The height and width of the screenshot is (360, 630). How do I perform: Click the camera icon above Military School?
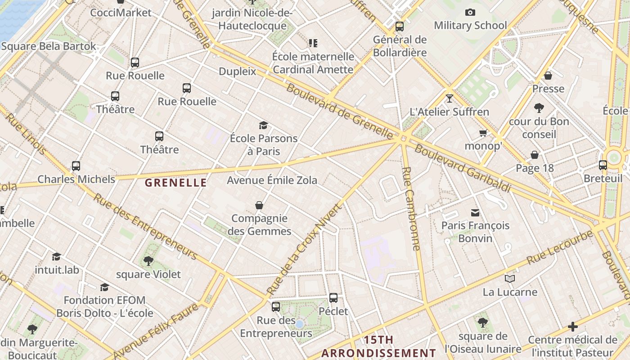click(470, 13)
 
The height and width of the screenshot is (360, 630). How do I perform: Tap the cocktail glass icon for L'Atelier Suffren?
click(449, 98)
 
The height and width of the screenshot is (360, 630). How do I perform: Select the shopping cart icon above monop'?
click(483, 133)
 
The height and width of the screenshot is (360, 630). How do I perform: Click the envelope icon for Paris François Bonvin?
click(475, 212)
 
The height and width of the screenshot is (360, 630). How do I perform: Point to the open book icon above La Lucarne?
click(510, 279)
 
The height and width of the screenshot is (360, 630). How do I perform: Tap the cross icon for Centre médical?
click(573, 326)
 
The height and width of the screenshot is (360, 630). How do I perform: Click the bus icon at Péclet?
click(333, 297)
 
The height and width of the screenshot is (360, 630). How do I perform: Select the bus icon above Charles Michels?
click(76, 166)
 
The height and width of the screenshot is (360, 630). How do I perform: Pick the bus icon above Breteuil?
click(603, 165)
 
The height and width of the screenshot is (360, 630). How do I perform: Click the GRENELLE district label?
click(176, 183)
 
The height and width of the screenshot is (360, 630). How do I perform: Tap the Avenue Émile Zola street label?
click(272, 180)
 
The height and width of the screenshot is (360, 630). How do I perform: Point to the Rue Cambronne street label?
click(411, 209)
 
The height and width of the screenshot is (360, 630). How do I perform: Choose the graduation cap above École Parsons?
click(263, 125)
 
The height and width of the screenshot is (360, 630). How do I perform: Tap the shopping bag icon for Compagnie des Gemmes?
click(259, 205)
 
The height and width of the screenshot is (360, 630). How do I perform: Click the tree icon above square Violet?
click(148, 261)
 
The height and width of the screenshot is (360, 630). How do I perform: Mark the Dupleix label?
click(237, 72)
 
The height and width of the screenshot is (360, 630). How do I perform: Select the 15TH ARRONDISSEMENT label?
click(378, 346)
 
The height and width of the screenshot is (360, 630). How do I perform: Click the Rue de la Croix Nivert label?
click(305, 250)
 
